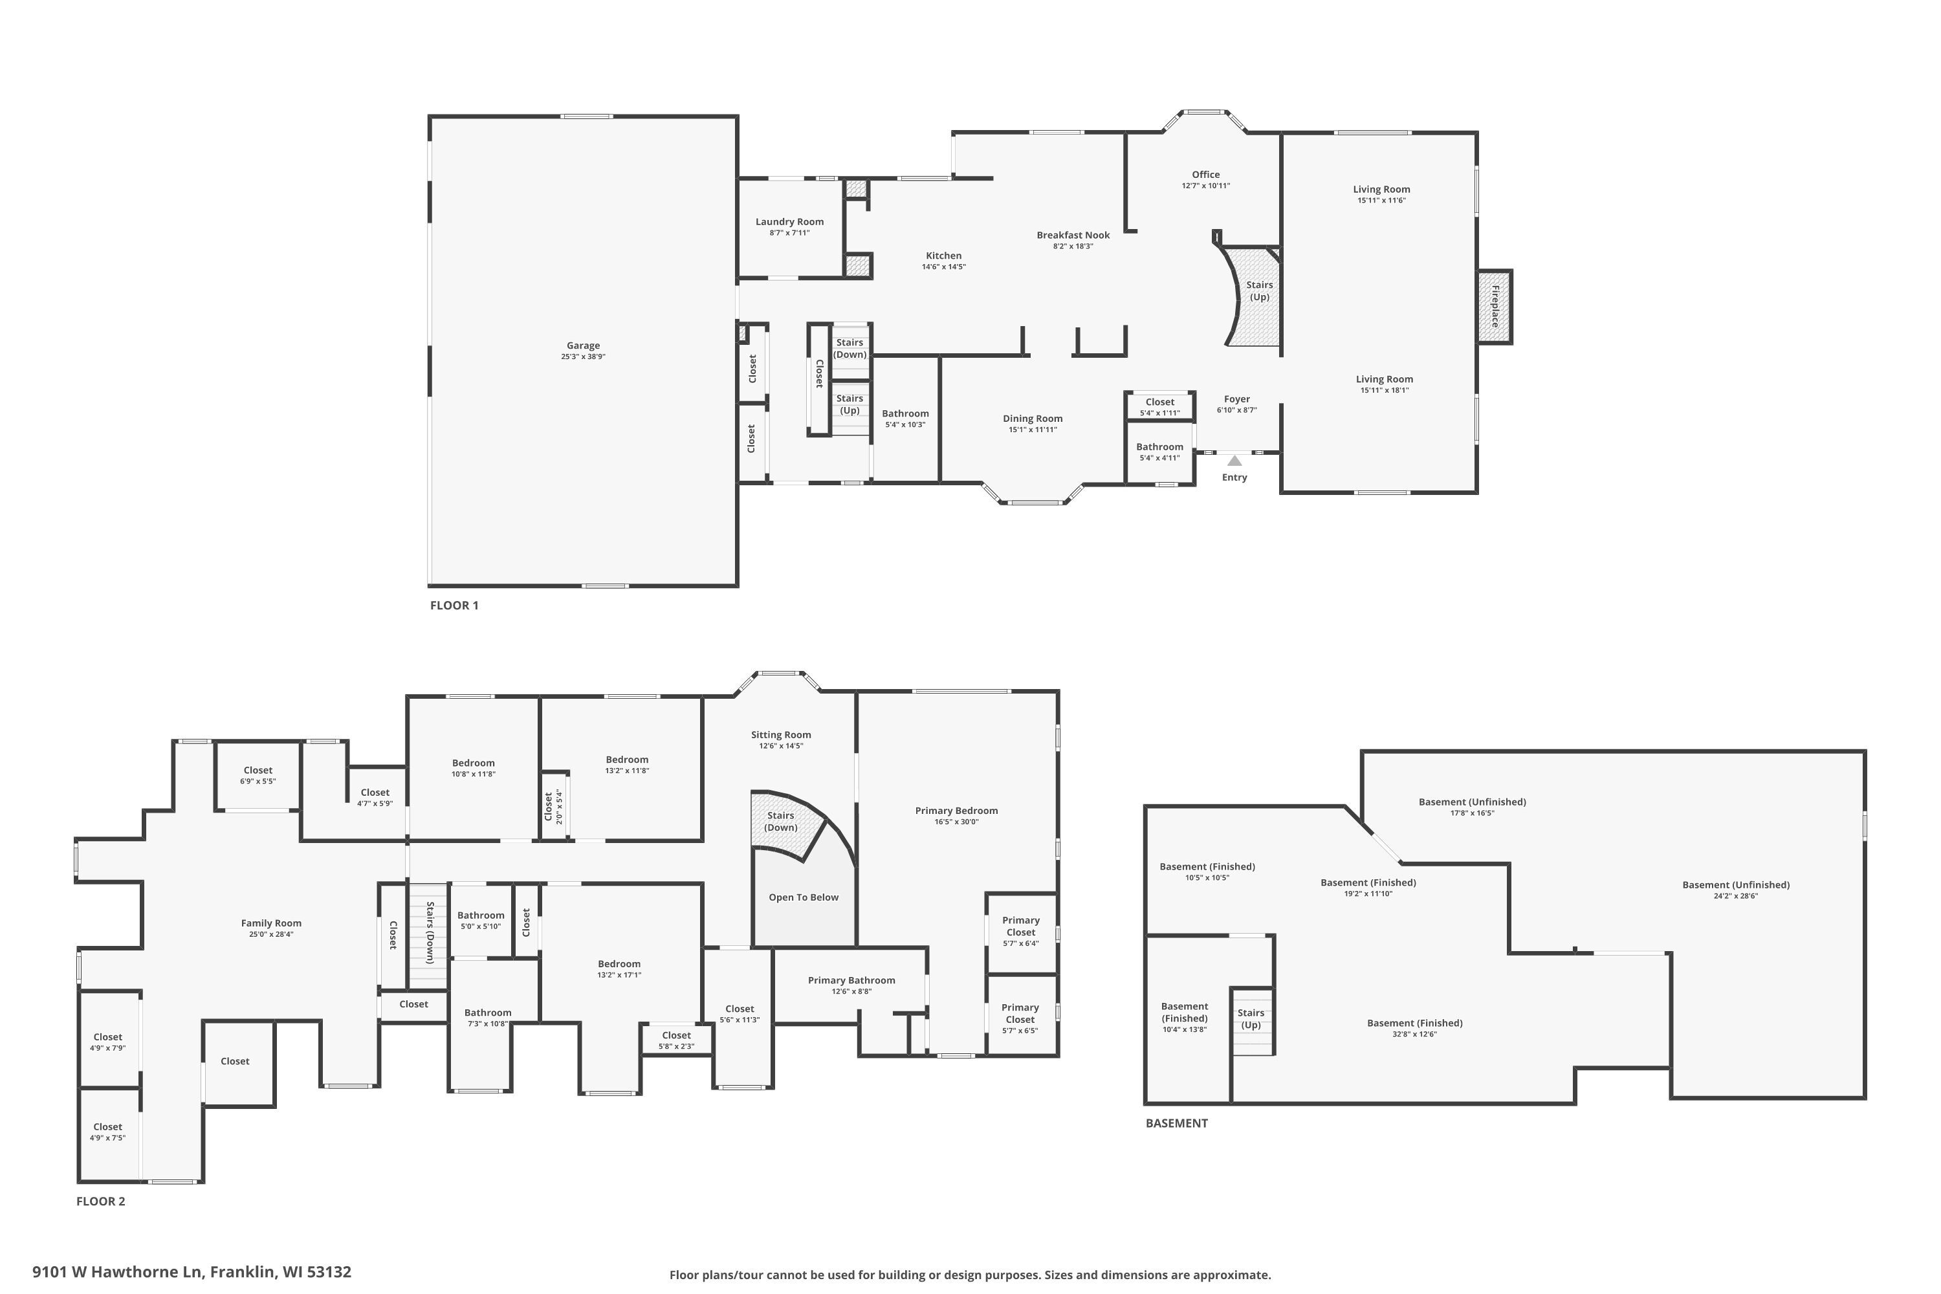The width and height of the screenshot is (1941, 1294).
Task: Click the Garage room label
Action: (583, 345)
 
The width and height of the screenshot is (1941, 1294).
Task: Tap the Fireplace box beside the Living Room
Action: (1495, 306)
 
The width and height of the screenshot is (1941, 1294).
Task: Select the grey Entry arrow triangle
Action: (1234, 461)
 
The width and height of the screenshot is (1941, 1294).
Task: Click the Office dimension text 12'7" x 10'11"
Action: (1206, 186)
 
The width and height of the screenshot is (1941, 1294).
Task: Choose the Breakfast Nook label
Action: (1073, 236)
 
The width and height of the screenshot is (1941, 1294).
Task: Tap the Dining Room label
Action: (1033, 419)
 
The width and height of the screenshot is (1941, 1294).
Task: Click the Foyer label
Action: (1236, 399)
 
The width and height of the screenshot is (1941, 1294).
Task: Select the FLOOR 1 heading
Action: (454, 605)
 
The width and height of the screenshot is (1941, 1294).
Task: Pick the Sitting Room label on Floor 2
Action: (781, 734)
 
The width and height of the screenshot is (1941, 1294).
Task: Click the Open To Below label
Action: (803, 897)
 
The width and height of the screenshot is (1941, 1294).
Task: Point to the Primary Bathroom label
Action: (851, 980)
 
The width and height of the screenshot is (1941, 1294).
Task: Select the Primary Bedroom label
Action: (956, 811)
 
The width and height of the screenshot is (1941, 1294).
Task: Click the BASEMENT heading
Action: (1176, 1123)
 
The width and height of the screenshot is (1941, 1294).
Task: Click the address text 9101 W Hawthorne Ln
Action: (117, 1272)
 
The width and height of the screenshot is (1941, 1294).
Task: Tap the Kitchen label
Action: (943, 256)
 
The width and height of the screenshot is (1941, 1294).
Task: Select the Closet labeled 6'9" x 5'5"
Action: (258, 775)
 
